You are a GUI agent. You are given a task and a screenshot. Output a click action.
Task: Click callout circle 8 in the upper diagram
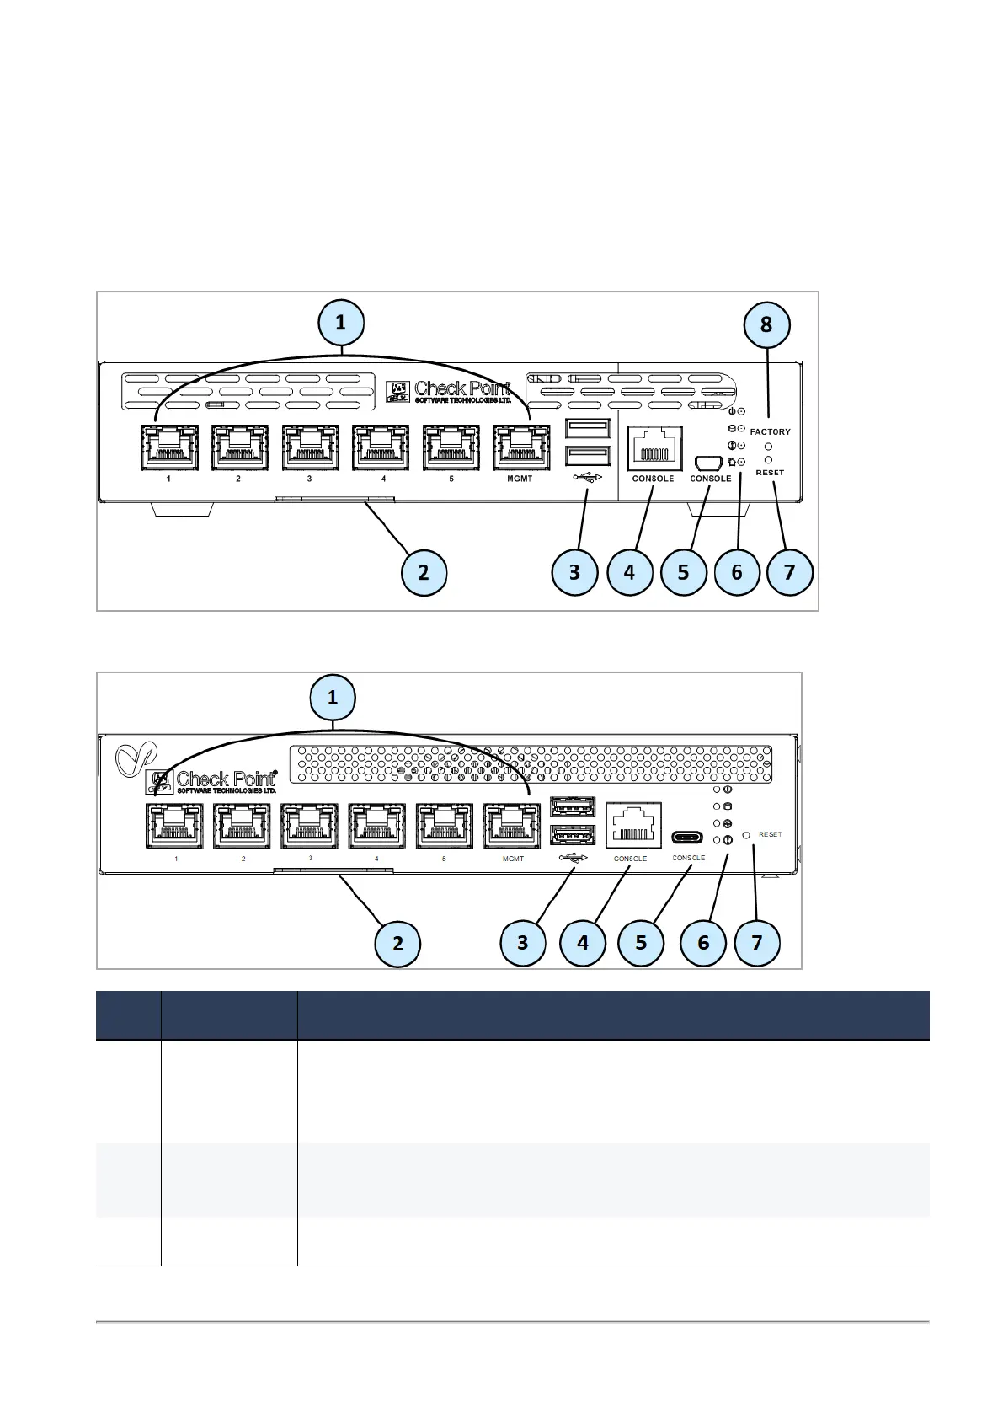click(766, 324)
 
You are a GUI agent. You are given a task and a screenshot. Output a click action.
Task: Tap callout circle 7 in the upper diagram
click(789, 572)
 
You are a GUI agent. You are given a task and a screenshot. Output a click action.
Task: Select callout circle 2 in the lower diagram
click(397, 942)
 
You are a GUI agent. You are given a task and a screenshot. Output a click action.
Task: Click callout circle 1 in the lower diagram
click(333, 698)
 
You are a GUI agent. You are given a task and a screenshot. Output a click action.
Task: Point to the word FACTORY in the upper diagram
click(770, 431)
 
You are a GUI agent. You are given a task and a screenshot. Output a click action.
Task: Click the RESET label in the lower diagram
click(770, 834)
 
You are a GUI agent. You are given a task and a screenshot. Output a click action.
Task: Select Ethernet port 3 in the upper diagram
click(310, 449)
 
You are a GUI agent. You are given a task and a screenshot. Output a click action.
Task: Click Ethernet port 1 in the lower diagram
click(174, 827)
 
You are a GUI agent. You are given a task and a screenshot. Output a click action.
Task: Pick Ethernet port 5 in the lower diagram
click(444, 827)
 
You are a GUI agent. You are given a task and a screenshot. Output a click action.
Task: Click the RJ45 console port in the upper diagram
click(654, 448)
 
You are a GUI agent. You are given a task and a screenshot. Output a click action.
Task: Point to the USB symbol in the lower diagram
click(573, 859)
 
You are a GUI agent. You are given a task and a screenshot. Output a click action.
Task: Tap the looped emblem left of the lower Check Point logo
click(130, 760)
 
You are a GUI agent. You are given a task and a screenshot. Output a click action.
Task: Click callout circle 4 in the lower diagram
click(583, 942)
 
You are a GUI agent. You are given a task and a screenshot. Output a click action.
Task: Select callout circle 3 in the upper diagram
click(574, 572)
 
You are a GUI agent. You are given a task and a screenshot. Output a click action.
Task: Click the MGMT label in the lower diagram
click(513, 859)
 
